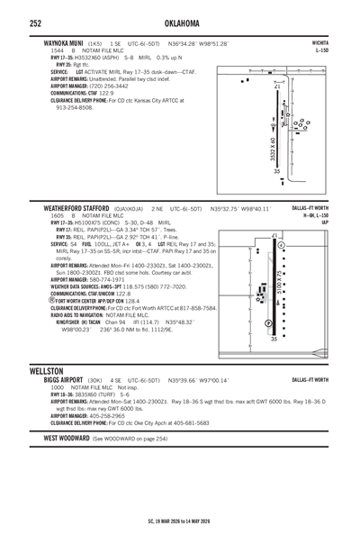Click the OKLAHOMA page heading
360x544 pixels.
click(180, 23)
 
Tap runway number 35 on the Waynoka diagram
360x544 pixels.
click(277, 171)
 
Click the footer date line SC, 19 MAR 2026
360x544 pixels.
click(180, 521)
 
